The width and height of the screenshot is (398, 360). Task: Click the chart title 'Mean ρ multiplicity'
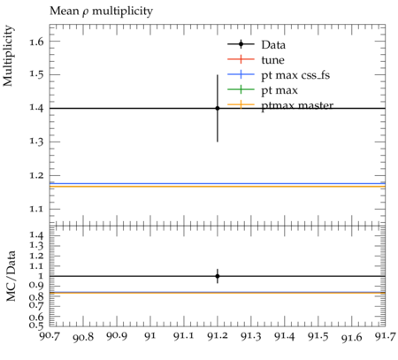[x=101, y=11]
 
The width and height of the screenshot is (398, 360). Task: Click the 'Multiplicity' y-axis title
[x=8, y=56]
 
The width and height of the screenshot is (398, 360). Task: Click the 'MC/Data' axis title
[x=11, y=276]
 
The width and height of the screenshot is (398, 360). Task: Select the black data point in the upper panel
[x=218, y=108]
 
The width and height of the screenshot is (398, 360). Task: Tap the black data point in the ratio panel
[x=218, y=276]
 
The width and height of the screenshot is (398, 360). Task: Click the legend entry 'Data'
[x=273, y=45]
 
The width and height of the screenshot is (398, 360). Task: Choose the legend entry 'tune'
[x=272, y=60]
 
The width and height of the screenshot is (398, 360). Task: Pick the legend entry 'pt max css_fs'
[x=295, y=75]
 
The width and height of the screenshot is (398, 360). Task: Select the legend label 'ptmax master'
[x=297, y=106]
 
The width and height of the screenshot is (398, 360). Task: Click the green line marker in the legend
[x=241, y=89]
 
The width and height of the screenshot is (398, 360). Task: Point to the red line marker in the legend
[x=241, y=59]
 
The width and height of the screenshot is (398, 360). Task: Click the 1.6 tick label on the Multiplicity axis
[x=36, y=42]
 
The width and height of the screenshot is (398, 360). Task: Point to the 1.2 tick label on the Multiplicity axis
[x=36, y=176]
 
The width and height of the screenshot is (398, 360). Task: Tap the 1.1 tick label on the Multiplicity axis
[x=36, y=210]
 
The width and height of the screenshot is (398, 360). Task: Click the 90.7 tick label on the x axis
[x=50, y=336]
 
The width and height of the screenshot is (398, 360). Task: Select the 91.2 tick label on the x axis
[x=218, y=336]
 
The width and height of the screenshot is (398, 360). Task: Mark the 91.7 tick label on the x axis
[x=386, y=336]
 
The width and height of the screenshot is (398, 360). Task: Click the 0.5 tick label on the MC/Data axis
[x=36, y=326]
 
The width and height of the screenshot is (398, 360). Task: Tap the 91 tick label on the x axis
[x=150, y=336]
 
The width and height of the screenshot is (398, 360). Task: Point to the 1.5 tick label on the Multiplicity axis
[x=36, y=75]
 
